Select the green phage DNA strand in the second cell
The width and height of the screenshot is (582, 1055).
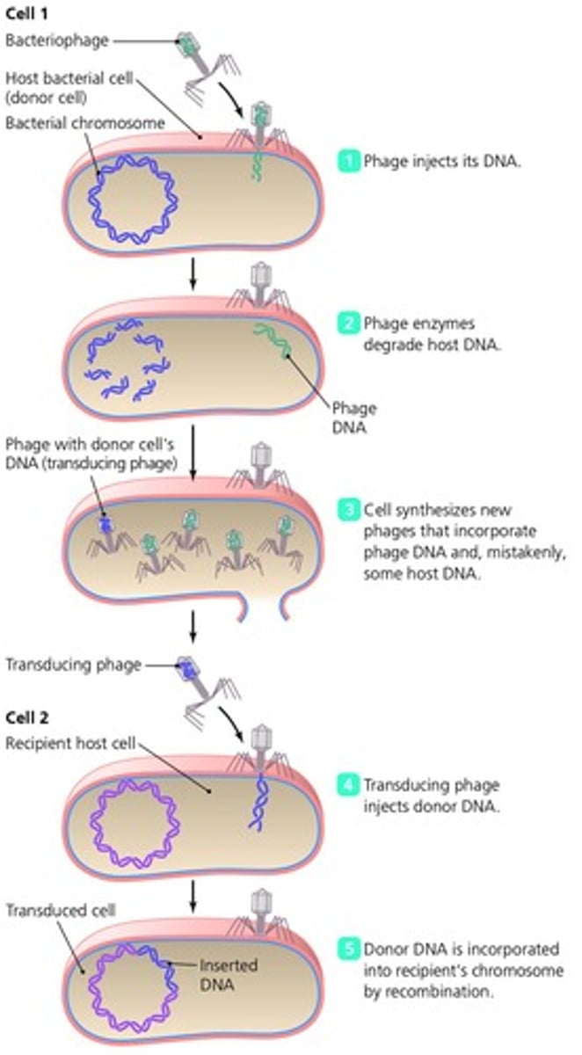[x=273, y=341]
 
